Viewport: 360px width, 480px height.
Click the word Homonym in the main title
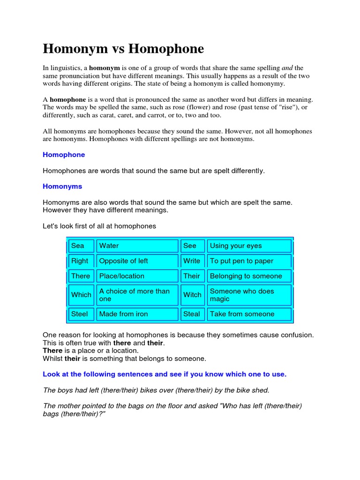tap(75, 49)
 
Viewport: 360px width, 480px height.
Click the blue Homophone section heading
tap(64, 155)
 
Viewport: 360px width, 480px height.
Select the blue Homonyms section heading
tap(62, 187)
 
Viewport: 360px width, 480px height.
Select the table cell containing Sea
tap(81, 246)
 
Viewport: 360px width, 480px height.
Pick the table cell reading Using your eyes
tap(249, 246)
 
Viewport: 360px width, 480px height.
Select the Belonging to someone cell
tap(249, 276)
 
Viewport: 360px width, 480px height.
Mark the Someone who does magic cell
tap(249, 295)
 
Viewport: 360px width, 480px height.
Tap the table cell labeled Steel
tap(81, 314)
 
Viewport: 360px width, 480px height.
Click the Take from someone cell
tap(249, 314)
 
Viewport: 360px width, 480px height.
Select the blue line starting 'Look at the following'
tap(165, 375)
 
